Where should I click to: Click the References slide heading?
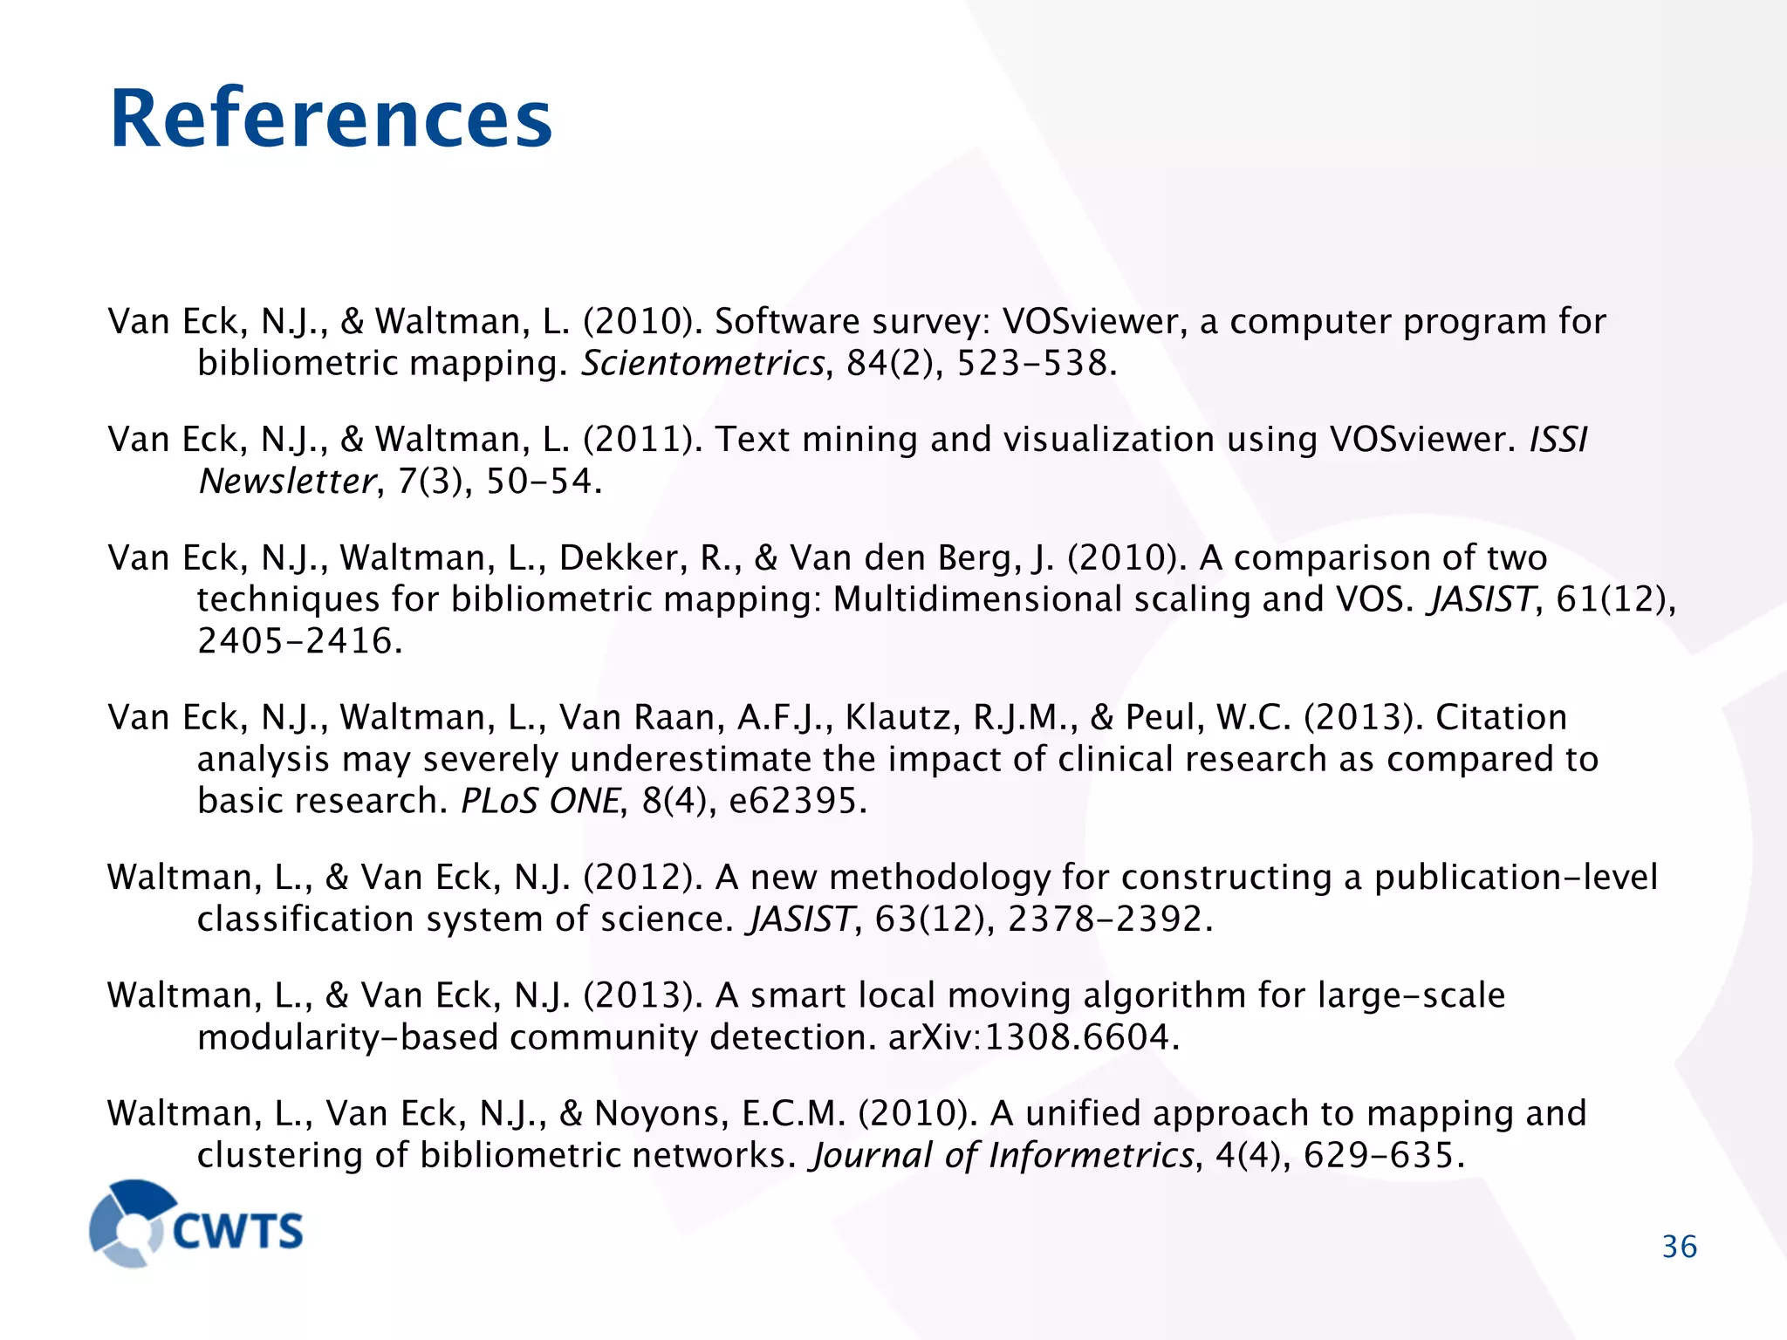point(331,119)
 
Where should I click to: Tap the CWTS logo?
point(197,1223)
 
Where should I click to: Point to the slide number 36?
point(1679,1247)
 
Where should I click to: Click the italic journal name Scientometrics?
point(702,363)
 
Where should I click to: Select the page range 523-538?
point(1036,363)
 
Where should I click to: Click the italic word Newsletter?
point(287,481)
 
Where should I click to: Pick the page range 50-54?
point(543,481)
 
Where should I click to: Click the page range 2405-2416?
point(299,641)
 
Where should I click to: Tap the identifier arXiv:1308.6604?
point(1033,1037)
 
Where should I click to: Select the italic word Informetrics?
point(1090,1155)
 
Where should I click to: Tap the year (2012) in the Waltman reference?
point(642,877)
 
